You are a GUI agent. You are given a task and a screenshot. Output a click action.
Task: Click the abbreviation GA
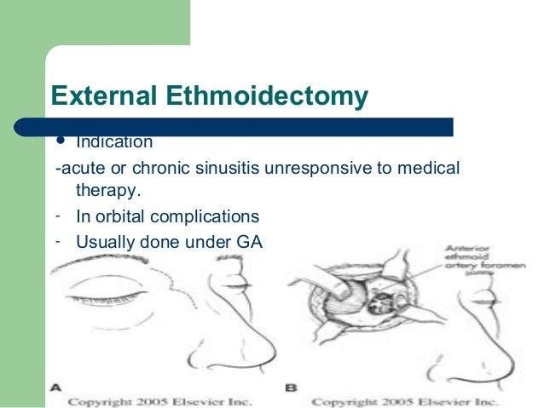tap(249, 241)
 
